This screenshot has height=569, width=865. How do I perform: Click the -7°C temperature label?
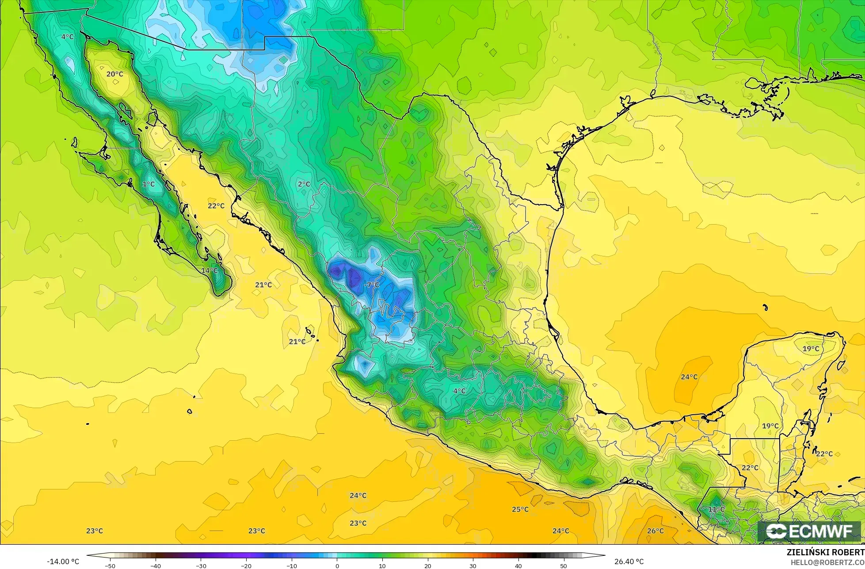(x=371, y=285)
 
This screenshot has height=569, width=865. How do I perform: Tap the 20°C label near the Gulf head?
(x=114, y=74)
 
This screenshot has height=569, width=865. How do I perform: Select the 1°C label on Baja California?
(x=149, y=184)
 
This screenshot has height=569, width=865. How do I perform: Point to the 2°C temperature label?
(x=304, y=184)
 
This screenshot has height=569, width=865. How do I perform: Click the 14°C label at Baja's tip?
(x=209, y=270)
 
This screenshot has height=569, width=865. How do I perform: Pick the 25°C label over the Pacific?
(x=520, y=509)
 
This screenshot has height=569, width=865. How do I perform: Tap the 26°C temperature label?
(x=655, y=531)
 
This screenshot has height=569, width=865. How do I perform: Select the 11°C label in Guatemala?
(x=716, y=509)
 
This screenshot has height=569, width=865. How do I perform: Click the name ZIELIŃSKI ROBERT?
(x=825, y=552)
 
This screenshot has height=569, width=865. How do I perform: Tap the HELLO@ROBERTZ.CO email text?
(x=827, y=562)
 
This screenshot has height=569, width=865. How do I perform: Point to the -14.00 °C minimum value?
(x=63, y=561)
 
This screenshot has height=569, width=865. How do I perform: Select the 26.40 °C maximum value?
(x=629, y=561)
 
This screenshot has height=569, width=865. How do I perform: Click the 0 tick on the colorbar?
(x=337, y=566)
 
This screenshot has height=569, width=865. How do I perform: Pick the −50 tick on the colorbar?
(x=110, y=566)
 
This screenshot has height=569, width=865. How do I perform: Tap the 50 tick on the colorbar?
(x=564, y=566)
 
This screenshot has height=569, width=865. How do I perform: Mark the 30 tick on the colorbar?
(x=473, y=566)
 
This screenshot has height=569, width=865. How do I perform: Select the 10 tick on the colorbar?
(x=382, y=566)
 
